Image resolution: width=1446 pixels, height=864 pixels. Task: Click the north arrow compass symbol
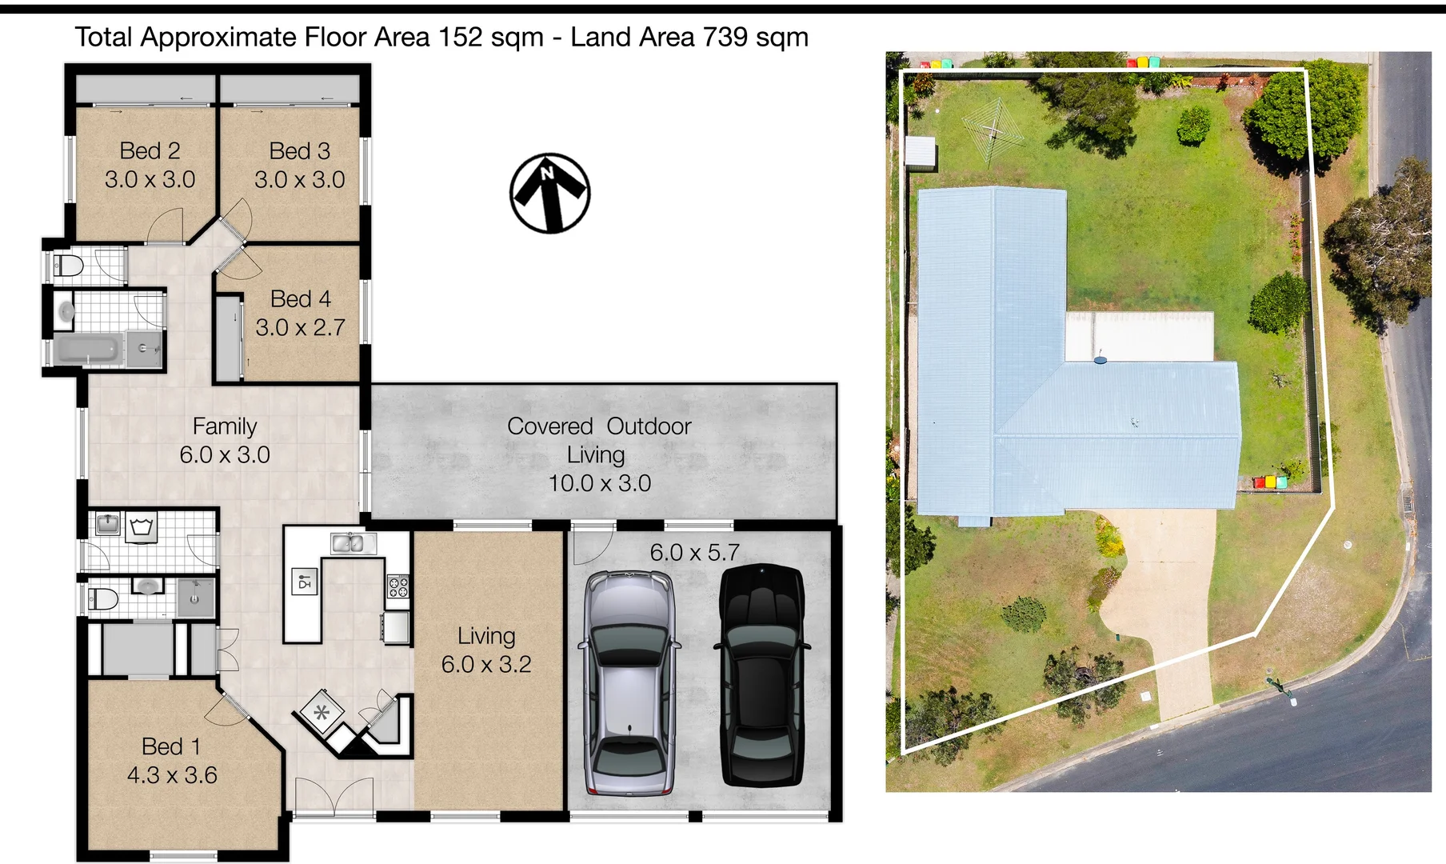click(549, 193)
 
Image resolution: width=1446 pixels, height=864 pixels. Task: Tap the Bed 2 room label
click(150, 150)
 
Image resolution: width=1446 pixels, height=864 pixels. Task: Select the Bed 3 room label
click(300, 150)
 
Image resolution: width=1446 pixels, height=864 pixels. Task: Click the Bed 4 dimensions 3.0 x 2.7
click(300, 327)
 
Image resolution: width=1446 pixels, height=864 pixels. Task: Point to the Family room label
click(225, 426)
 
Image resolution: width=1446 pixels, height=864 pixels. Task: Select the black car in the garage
click(761, 676)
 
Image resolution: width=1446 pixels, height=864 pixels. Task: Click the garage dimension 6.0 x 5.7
click(694, 552)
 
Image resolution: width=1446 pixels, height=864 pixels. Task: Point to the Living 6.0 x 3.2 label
click(486, 650)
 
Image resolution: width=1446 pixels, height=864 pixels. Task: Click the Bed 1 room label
click(171, 746)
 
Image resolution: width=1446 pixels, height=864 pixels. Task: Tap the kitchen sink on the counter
click(348, 543)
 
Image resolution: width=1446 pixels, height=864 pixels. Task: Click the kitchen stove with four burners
click(398, 587)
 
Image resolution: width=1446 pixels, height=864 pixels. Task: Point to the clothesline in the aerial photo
click(993, 131)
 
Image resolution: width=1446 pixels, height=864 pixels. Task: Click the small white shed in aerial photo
click(921, 152)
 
